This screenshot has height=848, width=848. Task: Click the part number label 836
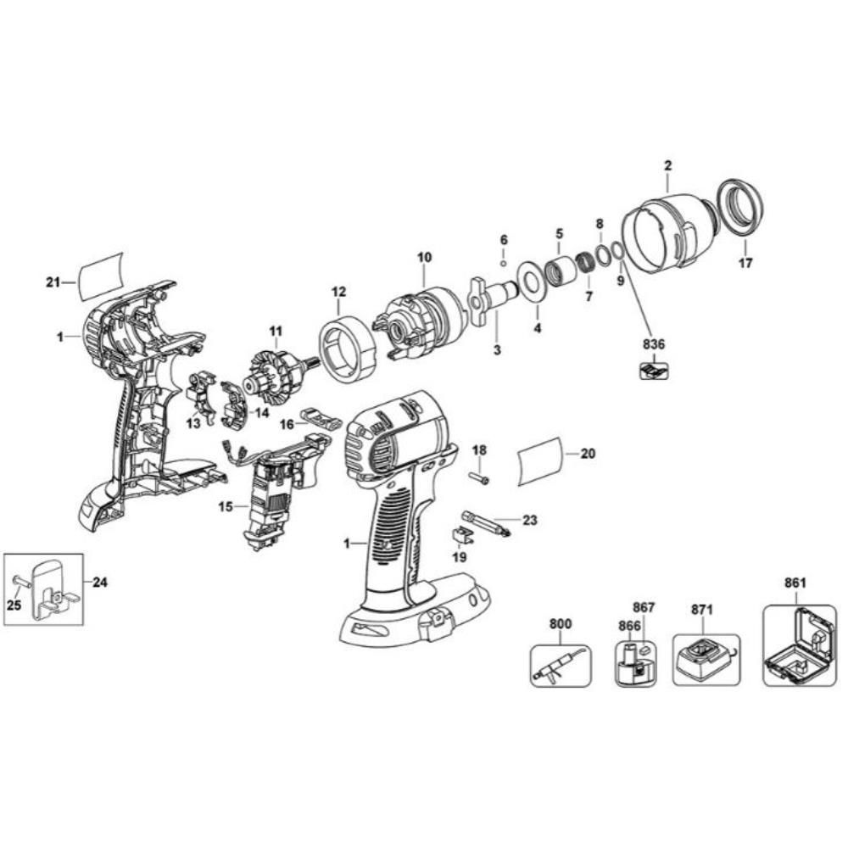coord(654,344)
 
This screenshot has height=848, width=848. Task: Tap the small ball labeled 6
coord(504,264)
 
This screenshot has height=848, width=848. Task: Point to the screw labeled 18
coord(479,477)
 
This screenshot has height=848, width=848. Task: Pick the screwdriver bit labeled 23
coord(486,523)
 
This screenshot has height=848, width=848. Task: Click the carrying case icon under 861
coord(800,646)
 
